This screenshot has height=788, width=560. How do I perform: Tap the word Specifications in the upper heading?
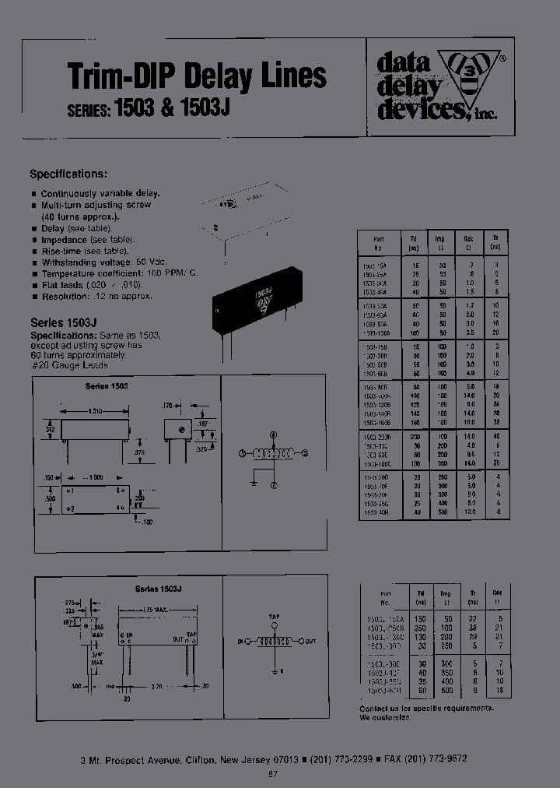(x=68, y=174)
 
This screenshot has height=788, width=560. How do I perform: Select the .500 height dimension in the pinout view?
(x=51, y=498)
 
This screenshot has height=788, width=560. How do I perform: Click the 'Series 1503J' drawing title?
(x=158, y=589)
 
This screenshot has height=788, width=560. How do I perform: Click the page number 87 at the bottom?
(x=272, y=773)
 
